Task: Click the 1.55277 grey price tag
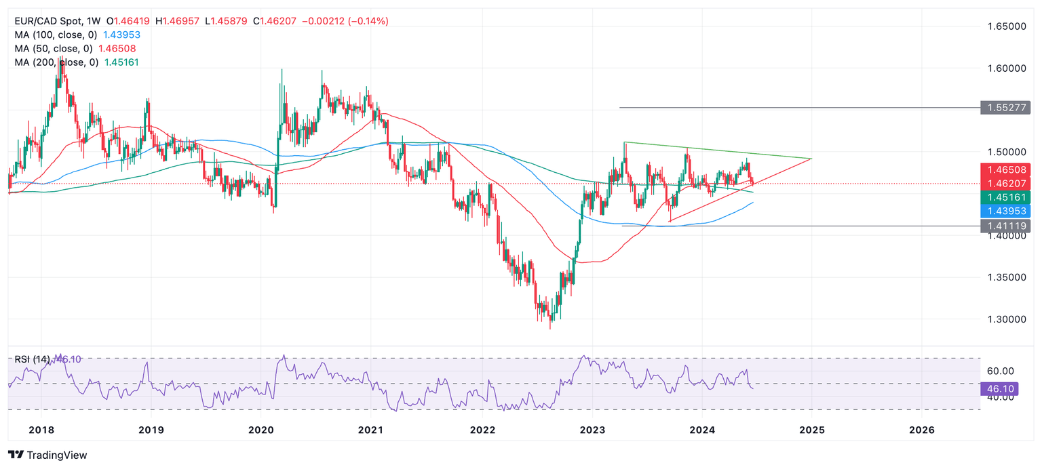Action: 1005,108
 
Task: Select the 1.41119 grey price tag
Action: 1005,226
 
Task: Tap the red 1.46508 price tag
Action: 1005,169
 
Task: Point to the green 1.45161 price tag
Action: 1005,197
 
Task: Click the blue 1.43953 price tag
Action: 1005,211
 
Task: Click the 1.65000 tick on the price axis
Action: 1005,26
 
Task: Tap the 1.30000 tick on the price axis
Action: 1005,319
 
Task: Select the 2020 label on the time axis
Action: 260,430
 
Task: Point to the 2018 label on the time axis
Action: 41,430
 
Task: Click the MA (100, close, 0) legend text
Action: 57,35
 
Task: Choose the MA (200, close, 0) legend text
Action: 57,62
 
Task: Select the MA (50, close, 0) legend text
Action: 54,49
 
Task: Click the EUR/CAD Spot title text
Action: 44,21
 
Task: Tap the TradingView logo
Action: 47,455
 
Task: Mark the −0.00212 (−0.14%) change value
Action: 345,21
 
